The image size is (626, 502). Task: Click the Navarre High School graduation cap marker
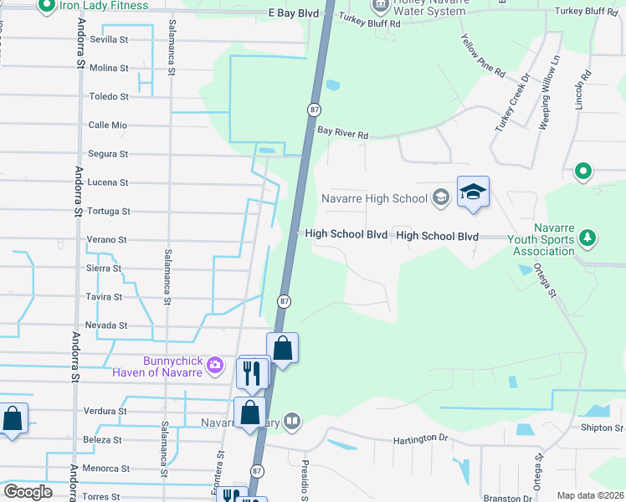[x=473, y=192]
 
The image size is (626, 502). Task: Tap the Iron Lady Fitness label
[x=104, y=6]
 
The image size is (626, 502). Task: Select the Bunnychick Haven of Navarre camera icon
[x=215, y=364]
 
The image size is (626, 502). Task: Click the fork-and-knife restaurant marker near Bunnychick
[x=253, y=372]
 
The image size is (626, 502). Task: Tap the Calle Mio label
[x=108, y=125]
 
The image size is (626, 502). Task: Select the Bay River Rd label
[x=342, y=133]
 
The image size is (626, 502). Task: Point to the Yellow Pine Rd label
[x=483, y=55]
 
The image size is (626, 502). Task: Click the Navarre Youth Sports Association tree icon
[x=588, y=238]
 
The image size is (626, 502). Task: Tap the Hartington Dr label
[x=420, y=438]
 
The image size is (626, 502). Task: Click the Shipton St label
[x=603, y=428]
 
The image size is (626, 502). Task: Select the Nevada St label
[x=106, y=325]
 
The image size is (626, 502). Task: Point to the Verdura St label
[x=105, y=412]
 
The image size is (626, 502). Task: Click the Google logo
[x=28, y=492]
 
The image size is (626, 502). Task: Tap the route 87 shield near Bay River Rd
[x=314, y=110]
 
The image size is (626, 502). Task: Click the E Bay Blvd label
[x=294, y=14]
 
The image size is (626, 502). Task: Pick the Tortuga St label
[x=108, y=211]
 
